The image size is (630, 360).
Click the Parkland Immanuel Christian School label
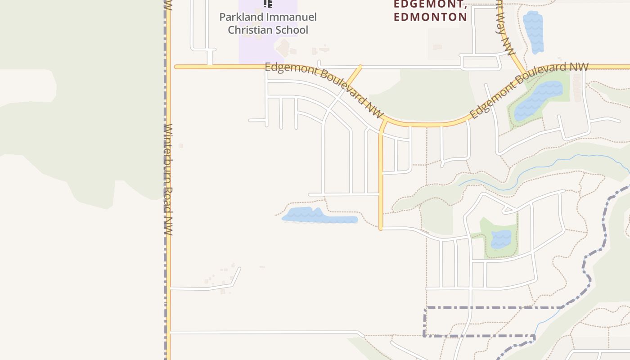(x=268, y=23)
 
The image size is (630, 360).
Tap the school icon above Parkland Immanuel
(x=268, y=4)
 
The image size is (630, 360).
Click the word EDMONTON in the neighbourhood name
(x=430, y=17)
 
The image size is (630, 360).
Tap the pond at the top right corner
(x=533, y=31)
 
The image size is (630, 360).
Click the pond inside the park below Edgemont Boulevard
(x=538, y=100)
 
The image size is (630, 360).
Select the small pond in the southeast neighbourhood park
(x=501, y=239)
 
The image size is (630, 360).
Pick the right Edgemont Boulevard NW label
(x=529, y=90)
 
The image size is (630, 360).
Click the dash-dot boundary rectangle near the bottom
(x=479, y=322)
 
